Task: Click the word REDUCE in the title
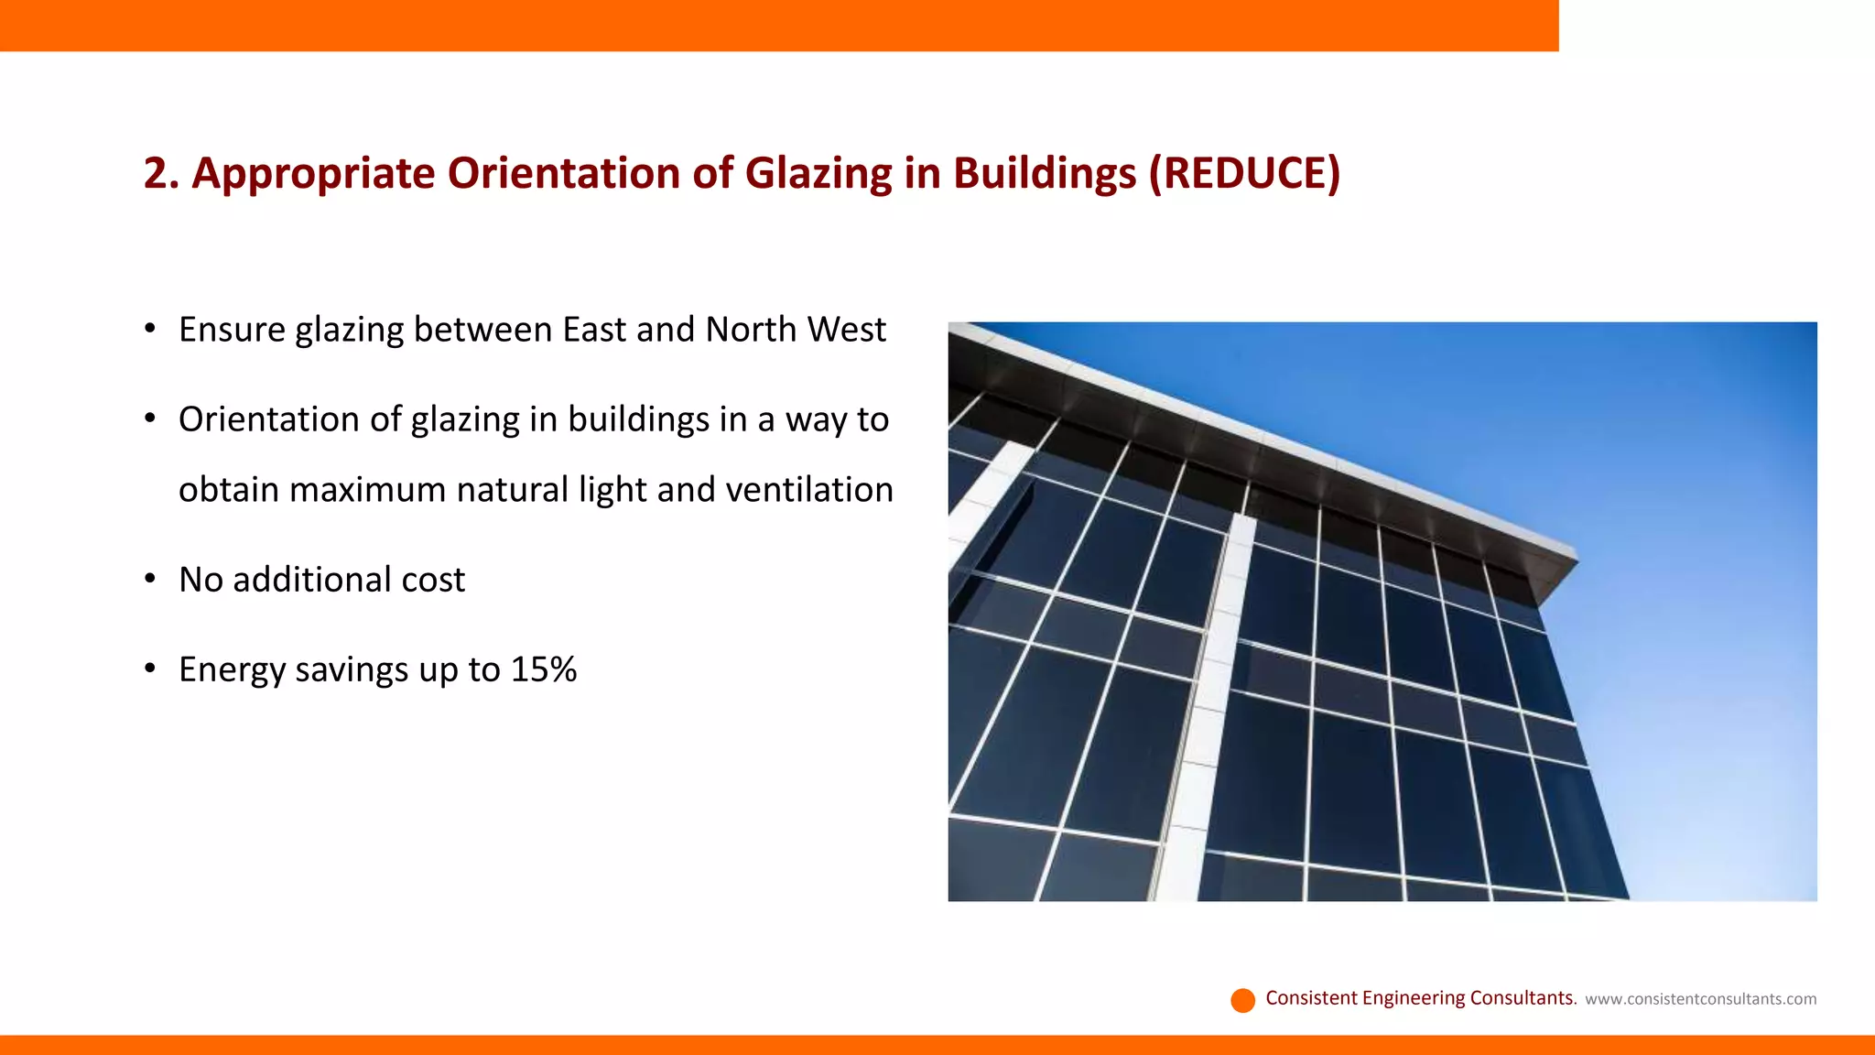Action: pyautogui.click(x=1244, y=173)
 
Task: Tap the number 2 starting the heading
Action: pyautogui.click(x=156, y=173)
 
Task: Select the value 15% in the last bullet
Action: pyautogui.click(x=544, y=669)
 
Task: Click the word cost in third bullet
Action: pyautogui.click(x=433, y=580)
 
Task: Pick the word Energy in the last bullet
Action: pyautogui.click(x=232, y=669)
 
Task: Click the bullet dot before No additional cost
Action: pyautogui.click(x=150, y=579)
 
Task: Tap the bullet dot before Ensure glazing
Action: pyautogui.click(x=150, y=329)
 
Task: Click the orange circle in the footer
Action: pyautogui.click(x=1242, y=1000)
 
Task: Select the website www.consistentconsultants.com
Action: pyautogui.click(x=1700, y=999)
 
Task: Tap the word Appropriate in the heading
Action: pyautogui.click(x=313, y=173)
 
